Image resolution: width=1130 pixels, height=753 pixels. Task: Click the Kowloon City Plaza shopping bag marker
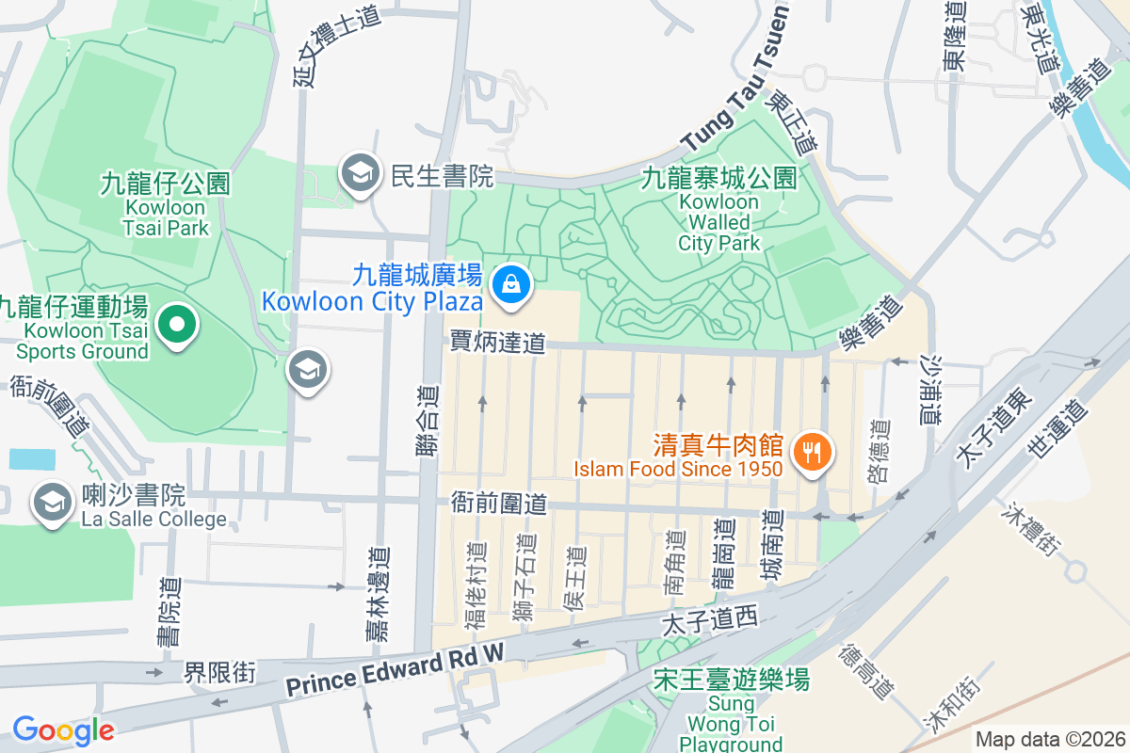(x=511, y=282)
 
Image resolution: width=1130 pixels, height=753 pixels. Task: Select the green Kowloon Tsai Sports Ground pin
(x=176, y=326)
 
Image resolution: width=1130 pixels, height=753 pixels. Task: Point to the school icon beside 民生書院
(x=360, y=173)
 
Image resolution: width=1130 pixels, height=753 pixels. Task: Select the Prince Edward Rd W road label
(x=395, y=672)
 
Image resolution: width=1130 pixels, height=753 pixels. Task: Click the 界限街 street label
(x=218, y=672)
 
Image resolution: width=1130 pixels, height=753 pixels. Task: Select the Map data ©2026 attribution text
(x=1049, y=740)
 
